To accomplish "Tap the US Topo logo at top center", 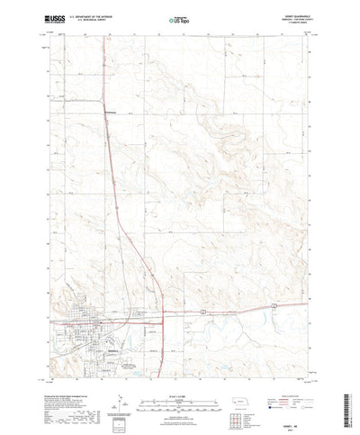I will coord(179,18).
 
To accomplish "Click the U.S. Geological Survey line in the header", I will coord(100,19).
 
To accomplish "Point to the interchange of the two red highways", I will coord(162,314).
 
